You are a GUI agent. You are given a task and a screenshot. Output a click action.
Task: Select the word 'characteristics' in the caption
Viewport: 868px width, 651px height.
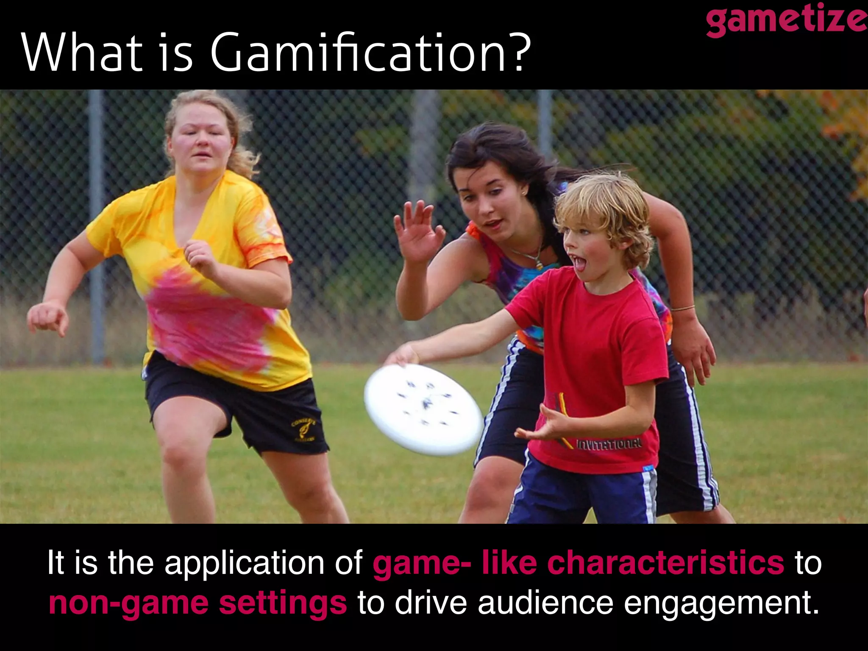[x=665, y=563]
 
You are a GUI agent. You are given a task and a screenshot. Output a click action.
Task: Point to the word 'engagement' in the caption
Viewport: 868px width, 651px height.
[x=721, y=604]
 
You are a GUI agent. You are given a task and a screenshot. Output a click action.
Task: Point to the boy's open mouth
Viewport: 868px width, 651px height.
[x=578, y=262]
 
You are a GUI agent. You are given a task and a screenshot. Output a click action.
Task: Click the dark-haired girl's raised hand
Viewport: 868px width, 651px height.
[x=417, y=231]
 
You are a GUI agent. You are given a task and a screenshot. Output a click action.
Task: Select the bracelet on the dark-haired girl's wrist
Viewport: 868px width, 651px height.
[x=682, y=308]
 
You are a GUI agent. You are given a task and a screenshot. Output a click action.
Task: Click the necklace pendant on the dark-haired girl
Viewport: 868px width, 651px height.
[x=539, y=264]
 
